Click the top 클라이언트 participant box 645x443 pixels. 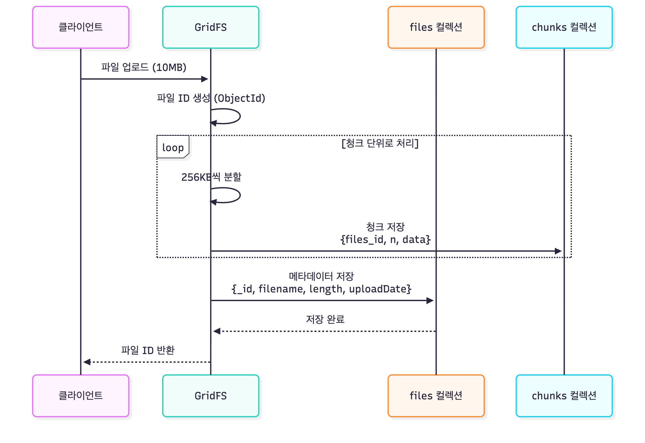tap(81, 27)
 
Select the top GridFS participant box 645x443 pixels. tap(211, 27)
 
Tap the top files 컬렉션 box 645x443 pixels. tap(436, 27)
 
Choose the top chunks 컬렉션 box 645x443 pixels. tap(564, 27)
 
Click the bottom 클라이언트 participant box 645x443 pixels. tap(81, 395)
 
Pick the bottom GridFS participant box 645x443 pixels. tap(211, 395)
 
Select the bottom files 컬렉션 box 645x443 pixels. tap(436, 395)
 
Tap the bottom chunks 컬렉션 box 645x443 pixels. tap(564, 395)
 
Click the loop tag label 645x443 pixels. tap(173, 147)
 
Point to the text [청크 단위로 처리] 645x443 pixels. tap(380, 143)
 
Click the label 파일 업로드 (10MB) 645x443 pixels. tap(144, 67)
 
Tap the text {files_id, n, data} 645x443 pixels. tap(385, 239)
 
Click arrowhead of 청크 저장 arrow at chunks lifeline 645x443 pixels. tap(558, 251)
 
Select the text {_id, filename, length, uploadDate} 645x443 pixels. tap(321, 289)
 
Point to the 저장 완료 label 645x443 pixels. tap(325, 319)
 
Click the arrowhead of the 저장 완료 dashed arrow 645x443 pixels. tap(217, 331)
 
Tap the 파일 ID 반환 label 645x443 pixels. tap(148, 350)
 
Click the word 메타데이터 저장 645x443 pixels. tap(321, 276)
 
